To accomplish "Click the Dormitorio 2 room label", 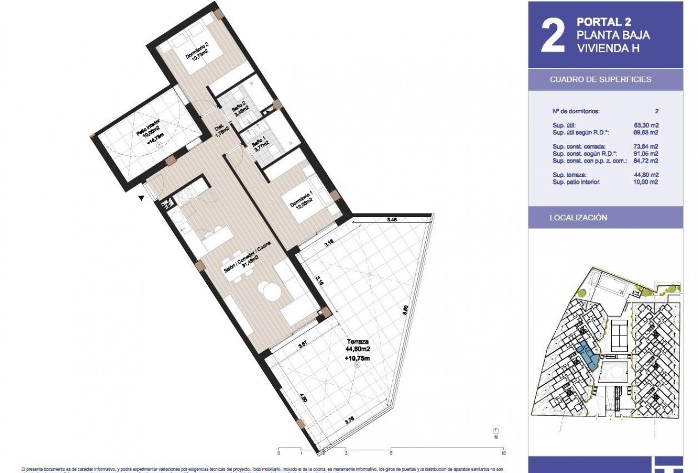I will point(196,55).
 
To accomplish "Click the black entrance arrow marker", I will point(141,198).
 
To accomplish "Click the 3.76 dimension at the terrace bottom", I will point(349,421).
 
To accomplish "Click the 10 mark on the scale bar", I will point(503,453).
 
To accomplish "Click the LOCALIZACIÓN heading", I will point(578,218).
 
